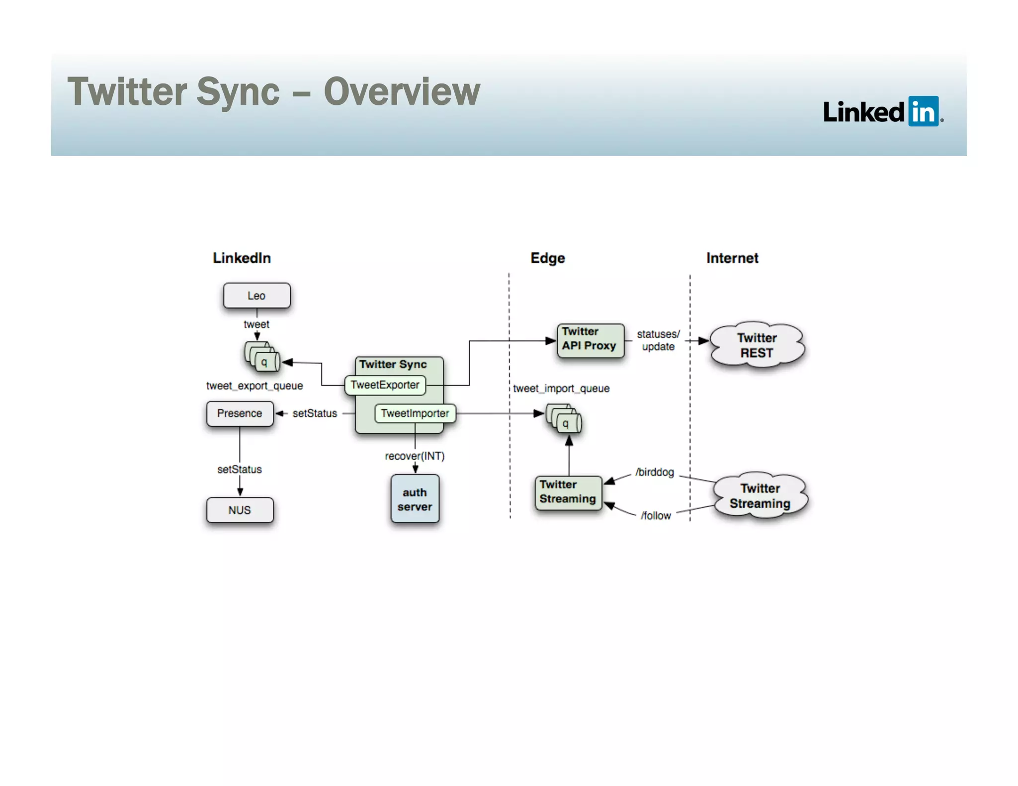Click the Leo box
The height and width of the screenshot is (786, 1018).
[256, 296]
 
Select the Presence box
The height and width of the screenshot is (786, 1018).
[240, 413]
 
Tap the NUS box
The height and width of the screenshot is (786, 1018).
[240, 510]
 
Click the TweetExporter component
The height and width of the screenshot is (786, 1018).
[385, 385]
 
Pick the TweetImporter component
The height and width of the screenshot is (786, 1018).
[415, 413]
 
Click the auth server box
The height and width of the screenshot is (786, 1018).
[415, 499]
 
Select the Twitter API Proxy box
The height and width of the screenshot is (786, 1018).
[590, 340]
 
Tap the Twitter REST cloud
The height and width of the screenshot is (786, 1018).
[757, 345]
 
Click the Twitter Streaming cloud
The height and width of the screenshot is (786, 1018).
[760, 496]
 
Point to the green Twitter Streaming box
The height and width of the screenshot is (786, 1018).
[568, 492]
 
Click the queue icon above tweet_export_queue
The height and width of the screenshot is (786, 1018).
[262, 357]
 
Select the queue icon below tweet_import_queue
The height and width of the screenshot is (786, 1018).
[564, 418]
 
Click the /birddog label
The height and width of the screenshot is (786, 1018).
[655, 472]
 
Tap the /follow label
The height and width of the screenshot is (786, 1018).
[656, 516]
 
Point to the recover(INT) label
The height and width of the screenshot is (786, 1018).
[415, 456]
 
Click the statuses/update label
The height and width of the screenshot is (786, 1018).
[658, 340]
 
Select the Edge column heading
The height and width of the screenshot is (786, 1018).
[547, 258]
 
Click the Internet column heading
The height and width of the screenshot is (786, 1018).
[732, 258]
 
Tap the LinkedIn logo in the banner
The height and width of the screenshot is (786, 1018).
[883, 111]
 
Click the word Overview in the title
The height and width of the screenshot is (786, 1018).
[402, 92]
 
